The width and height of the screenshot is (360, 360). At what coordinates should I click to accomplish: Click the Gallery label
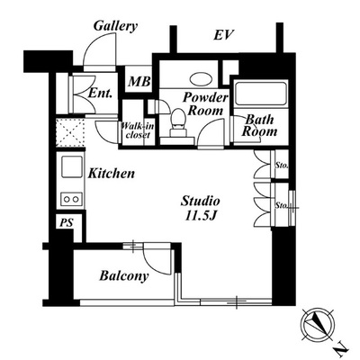pyautogui.click(x=115, y=26)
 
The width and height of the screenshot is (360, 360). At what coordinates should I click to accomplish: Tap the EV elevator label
pyautogui.click(x=223, y=35)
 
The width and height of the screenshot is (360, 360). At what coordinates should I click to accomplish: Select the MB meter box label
pyautogui.click(x=139, y=81)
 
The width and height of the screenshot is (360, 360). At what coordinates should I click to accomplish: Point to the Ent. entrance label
pyautogui.click(x=100, y=93)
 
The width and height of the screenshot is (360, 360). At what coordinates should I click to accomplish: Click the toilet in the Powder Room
pyautogui.click(x=178, y=123)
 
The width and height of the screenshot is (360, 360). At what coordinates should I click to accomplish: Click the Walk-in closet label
pyautogui.click(x=138, y=130)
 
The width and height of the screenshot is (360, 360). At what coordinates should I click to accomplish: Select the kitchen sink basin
pyautogui.click(x=72, y=166)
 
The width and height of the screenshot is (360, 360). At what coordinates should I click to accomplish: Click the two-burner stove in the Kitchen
pyautogui.click(x=71, y=199)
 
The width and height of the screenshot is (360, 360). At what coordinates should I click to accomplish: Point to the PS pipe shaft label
pyautogui.click(x=67, y=223)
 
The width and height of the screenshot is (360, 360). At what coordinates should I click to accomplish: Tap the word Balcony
pyautogui.click(x=124, y=276)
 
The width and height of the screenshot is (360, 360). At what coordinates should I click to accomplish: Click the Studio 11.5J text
pyautogui.click(x=200, y=208)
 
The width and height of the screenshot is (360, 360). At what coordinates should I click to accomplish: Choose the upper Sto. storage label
pyautogui.click(x=282, y=165)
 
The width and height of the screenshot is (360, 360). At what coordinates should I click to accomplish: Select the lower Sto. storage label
pyautogui.click(x=282, y=205)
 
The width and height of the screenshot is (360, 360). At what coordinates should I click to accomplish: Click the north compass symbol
pyautogui.click(x=318, y=324)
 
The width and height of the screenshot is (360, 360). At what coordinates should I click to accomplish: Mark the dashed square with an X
pyautogui.click(x=70, y=132)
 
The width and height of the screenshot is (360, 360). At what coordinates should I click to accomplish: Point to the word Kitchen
pyautogui.click(x=112, y=174)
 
